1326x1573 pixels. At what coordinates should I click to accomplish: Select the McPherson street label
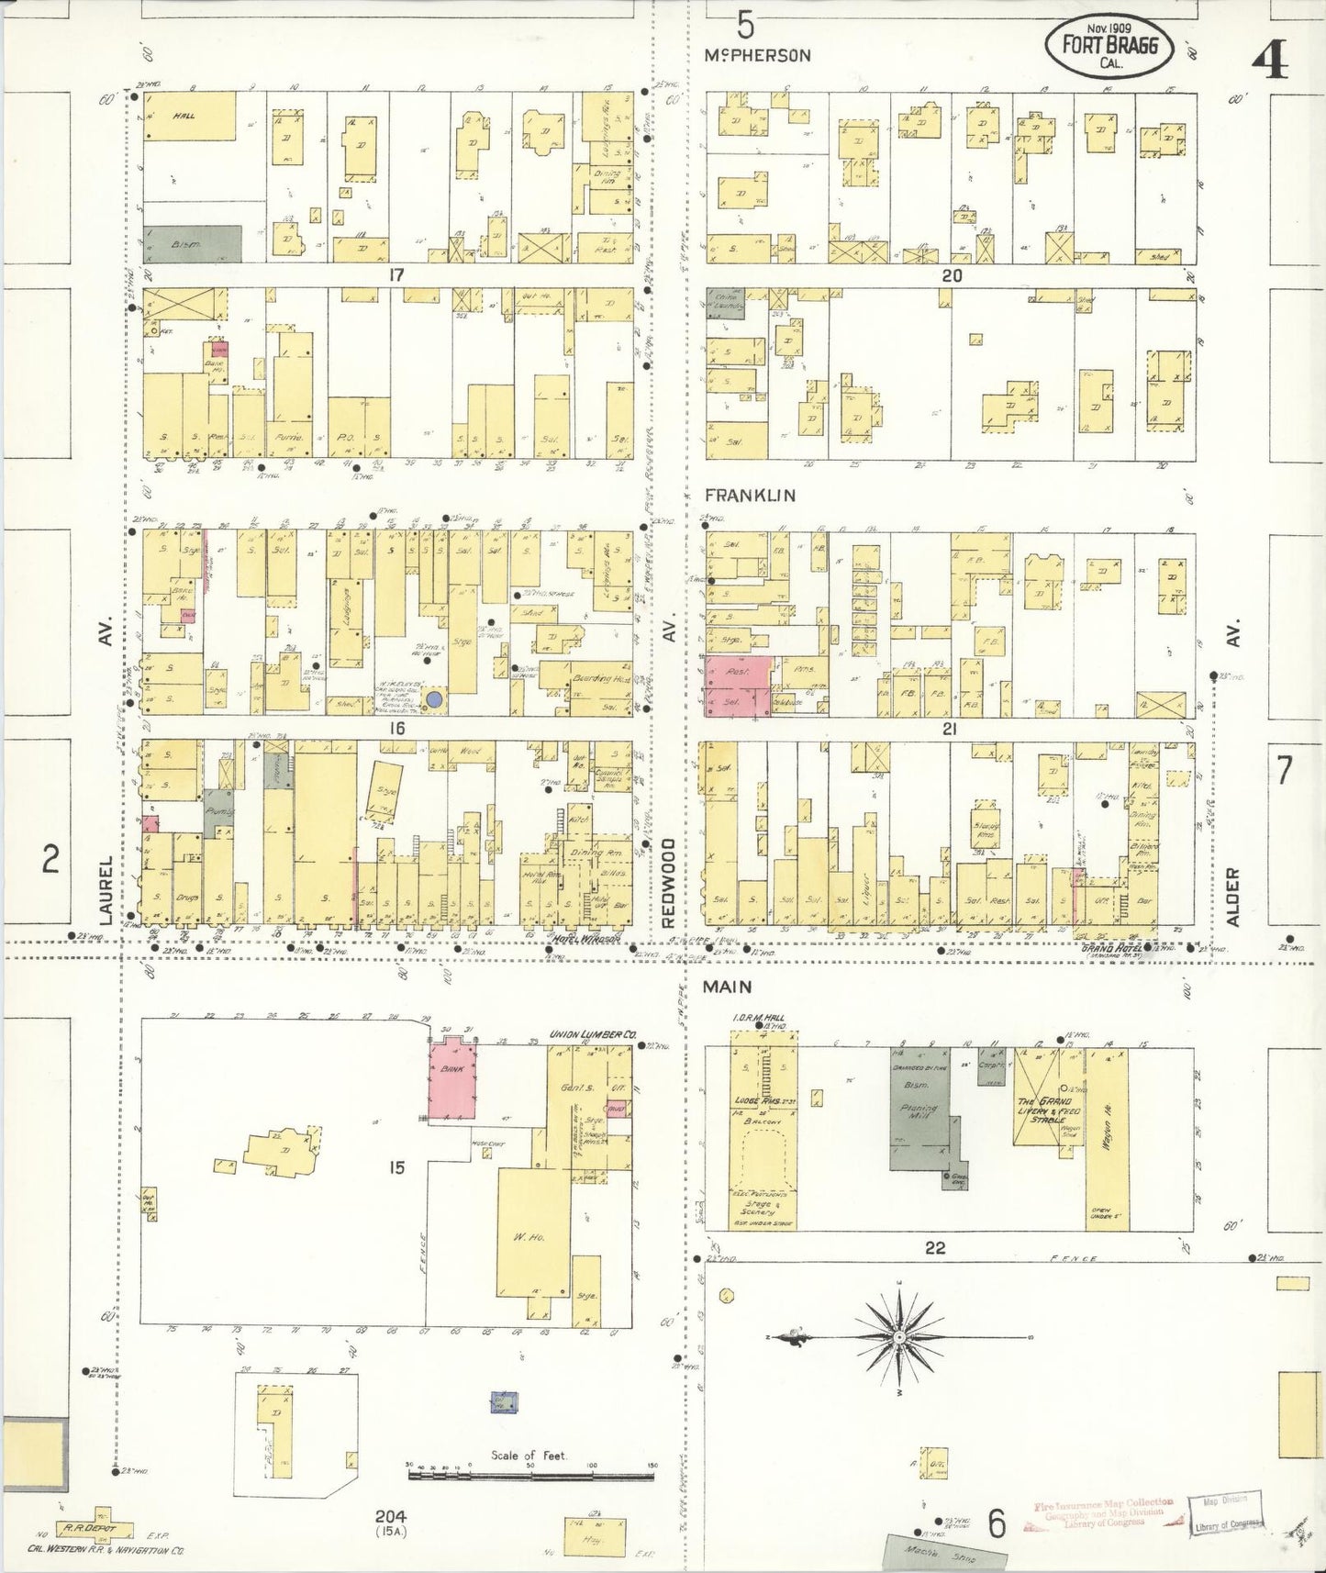(x=758, y=55)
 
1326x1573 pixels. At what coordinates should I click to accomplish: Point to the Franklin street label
(x=750, y=495)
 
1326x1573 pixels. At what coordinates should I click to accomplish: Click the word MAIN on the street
(x=728, y=987)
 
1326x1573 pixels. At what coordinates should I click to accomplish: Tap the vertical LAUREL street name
(x=106, y=889)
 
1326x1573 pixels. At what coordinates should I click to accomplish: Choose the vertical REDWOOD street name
(x=670, y=882)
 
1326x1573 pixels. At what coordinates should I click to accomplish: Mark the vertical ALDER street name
(x=1233, y=896)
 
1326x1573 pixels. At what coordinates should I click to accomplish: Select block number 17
(x=396, y=274)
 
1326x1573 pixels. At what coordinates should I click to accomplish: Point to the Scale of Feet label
(x=529, y=1456)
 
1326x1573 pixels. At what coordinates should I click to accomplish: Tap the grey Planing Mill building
(x=919, y=1108)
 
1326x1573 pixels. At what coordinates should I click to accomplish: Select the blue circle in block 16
(x=437, y=699)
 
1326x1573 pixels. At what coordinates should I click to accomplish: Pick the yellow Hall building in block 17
(x=189, y=116)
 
